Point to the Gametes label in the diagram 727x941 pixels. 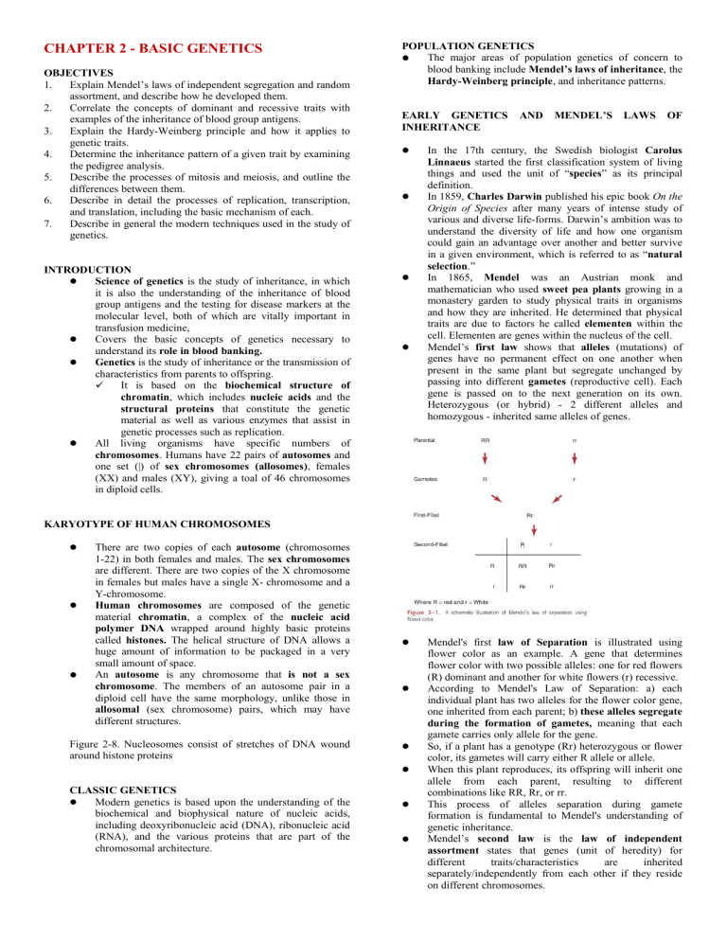click(429, 479)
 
